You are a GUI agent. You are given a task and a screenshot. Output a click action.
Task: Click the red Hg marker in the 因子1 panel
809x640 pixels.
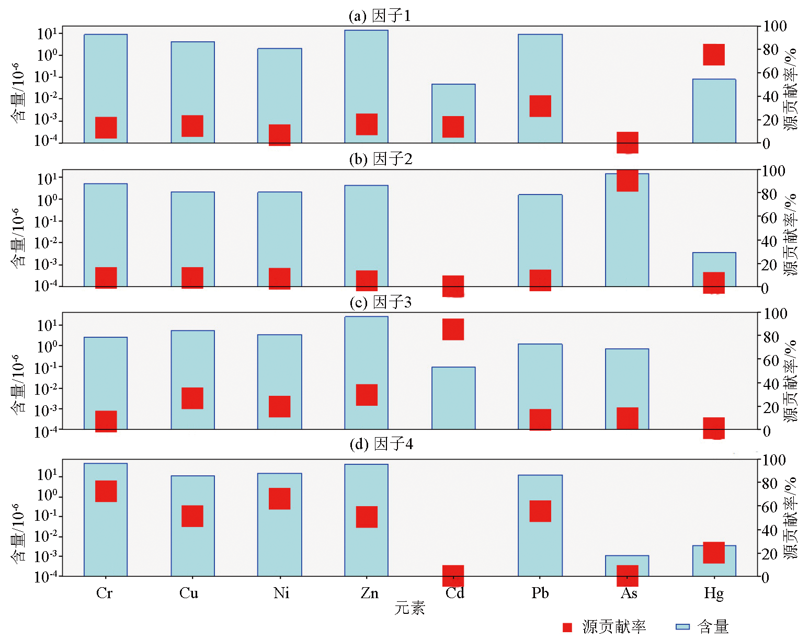pyautogui.click(x=713, y=54)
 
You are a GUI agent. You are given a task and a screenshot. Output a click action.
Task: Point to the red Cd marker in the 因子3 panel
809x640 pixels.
pyautogui.click(x=453, y=329)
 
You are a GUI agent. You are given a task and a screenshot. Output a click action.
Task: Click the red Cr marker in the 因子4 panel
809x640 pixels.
pyautogui.click(x=106, y=491)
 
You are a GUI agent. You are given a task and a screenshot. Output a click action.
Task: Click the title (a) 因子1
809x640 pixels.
pyautogui.click(x=380, y=16)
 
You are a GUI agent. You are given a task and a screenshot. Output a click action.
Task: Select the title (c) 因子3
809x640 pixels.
pyautogui.click(x=380, y=302)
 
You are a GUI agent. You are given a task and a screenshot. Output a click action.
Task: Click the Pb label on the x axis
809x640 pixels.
pyautogui.click(x=540, y=593)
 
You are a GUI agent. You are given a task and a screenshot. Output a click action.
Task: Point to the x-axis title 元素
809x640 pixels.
pyautogui.click(x=409, y=608)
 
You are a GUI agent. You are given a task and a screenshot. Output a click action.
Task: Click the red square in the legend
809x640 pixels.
pyautogui.click(x=567, y=627)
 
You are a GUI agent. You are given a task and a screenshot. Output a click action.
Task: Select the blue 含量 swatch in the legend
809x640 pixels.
pyautogui.click(x=682, y=627)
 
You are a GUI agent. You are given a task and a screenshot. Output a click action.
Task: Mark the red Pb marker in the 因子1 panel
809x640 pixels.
pyautogui.click(x=540, y=106)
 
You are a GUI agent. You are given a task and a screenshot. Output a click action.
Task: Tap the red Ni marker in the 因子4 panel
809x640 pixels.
pyautogui.click(x=279, y=498)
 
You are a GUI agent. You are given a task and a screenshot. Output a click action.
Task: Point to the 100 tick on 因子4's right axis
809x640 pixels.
pyautogui.click(x=774, y=460)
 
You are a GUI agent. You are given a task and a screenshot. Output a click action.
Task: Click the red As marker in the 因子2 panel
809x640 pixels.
pyautogui.click(x=627, y=181)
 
